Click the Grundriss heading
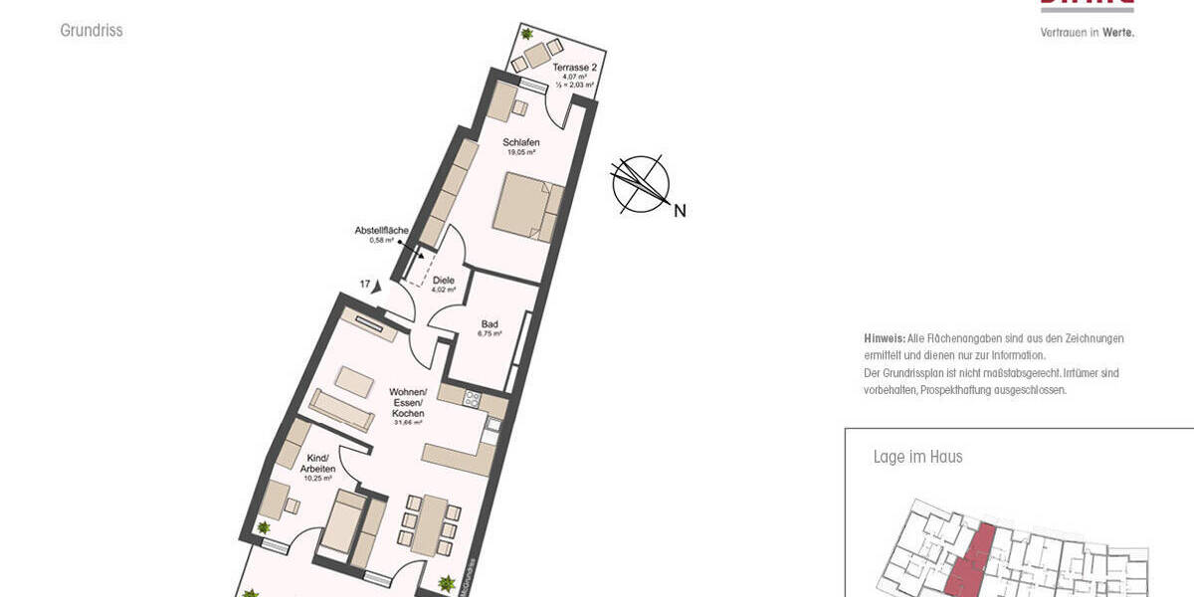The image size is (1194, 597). point(91,31)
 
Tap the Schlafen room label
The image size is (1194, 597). point(520,142)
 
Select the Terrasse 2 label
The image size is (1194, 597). point(574,67)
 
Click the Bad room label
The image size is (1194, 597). point(490,323)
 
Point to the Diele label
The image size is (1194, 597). point(444,281)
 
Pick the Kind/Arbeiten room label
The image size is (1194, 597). point(319,463)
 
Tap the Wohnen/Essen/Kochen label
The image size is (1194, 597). point(408,402)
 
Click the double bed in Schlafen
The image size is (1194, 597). point(528,206)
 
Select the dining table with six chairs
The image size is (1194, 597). point(431,525)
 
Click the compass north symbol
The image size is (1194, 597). point(640,184)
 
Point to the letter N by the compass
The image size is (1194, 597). point(680,210)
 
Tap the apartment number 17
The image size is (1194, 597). point(365,285)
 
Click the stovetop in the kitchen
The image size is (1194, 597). point(473,399)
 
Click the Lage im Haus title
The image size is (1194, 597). point(917,457)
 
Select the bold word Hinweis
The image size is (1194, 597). point(884,338)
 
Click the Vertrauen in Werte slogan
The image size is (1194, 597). point(1087,32)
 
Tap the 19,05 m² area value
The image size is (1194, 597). point(520,153)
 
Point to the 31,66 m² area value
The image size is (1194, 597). point(409,423)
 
